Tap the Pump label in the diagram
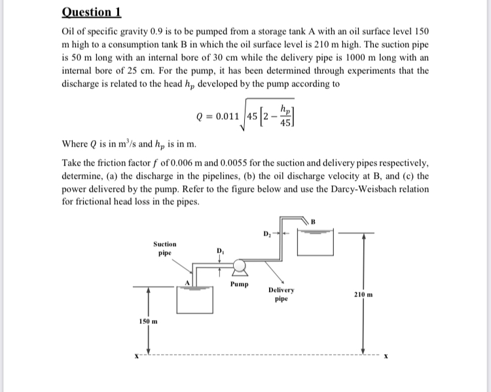240,285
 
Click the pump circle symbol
239,266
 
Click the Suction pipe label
165,247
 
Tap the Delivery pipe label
282,294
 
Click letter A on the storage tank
187,283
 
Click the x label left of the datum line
136,357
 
